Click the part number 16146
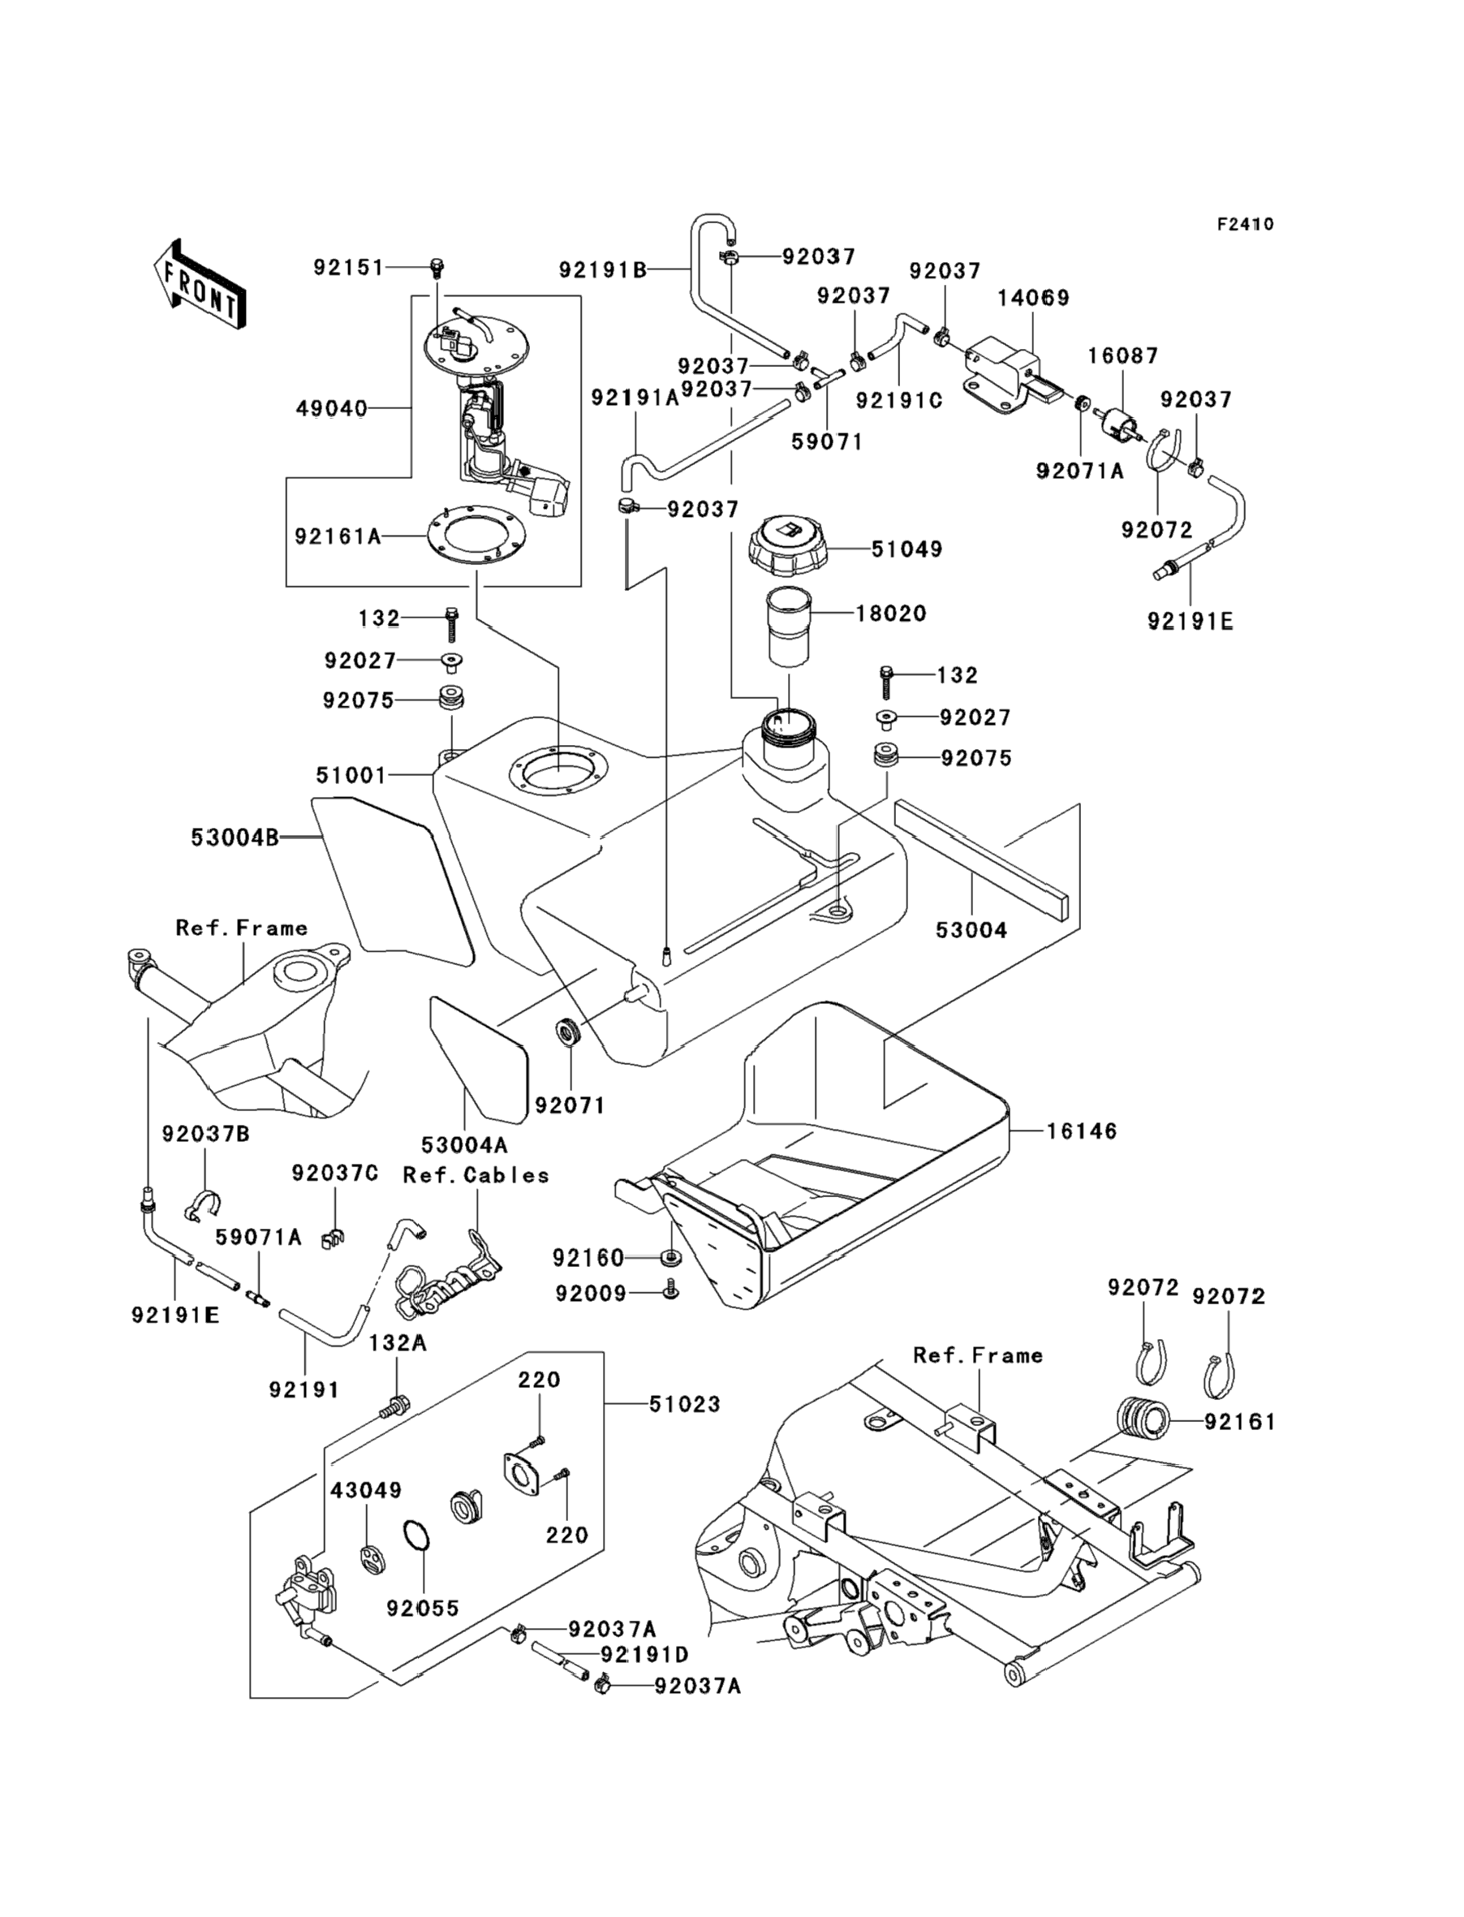coord(1082,1131)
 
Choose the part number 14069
coord(1034,298)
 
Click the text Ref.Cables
coord(476,1175)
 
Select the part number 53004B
coord(235,838)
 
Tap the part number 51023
coord(685,1404)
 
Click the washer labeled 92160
coord(672,1257)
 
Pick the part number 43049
coord(366,1491)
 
